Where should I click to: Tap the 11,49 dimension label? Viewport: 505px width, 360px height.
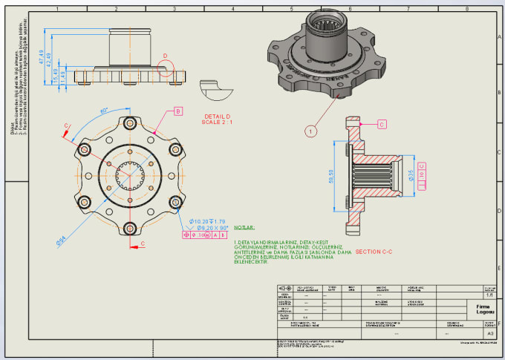[63, 76]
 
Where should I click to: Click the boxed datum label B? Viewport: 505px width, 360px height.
[177, 111]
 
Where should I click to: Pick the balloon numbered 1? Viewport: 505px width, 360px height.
[311, 131]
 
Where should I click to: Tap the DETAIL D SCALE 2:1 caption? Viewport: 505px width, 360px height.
[218, 120]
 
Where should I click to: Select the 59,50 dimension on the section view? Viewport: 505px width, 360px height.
[341, 179]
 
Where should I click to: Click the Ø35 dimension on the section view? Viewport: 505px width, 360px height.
[410, 175]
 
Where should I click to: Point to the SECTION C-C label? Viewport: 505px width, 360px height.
[374, 252]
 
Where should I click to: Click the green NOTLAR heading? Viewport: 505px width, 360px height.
[244, 229]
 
